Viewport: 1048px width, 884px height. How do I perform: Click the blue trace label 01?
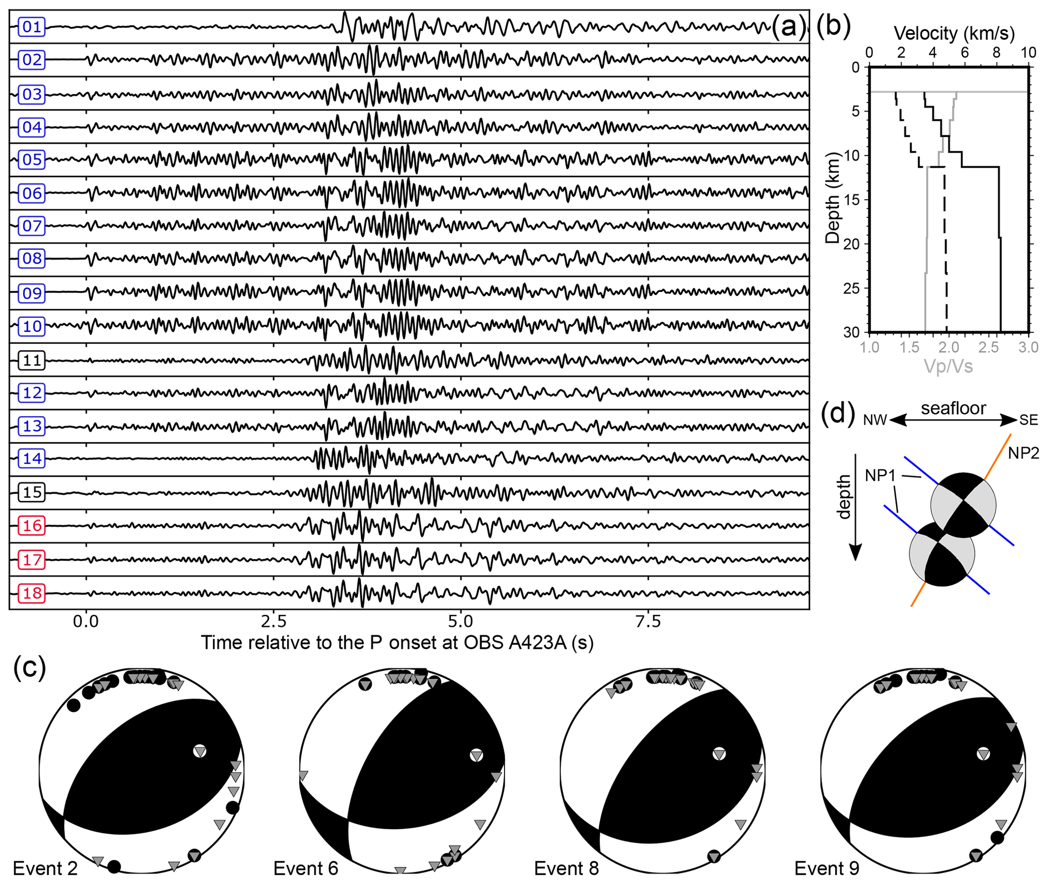coord(31,26)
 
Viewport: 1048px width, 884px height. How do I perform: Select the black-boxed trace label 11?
coord(31,360)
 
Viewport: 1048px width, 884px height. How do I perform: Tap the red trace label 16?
coord(31,526)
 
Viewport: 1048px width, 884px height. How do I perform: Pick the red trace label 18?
coord(31,593)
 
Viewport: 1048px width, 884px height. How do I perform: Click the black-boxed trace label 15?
coord(31,492)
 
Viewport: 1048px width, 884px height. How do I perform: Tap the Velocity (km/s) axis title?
coord(954,33)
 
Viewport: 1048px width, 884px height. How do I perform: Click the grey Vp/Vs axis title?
coord(948,366)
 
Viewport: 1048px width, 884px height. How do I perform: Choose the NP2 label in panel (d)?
coord(1023,453)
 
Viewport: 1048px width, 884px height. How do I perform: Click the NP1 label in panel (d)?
coord(880,475)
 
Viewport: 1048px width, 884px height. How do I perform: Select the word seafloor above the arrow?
coord(953,408)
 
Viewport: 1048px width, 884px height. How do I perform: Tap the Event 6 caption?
coord(305,868)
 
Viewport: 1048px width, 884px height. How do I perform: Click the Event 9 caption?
coord(826,868)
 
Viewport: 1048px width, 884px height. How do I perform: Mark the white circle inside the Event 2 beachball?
coord(200,751)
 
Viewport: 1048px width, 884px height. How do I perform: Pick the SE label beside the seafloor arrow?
coord(1028,420)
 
